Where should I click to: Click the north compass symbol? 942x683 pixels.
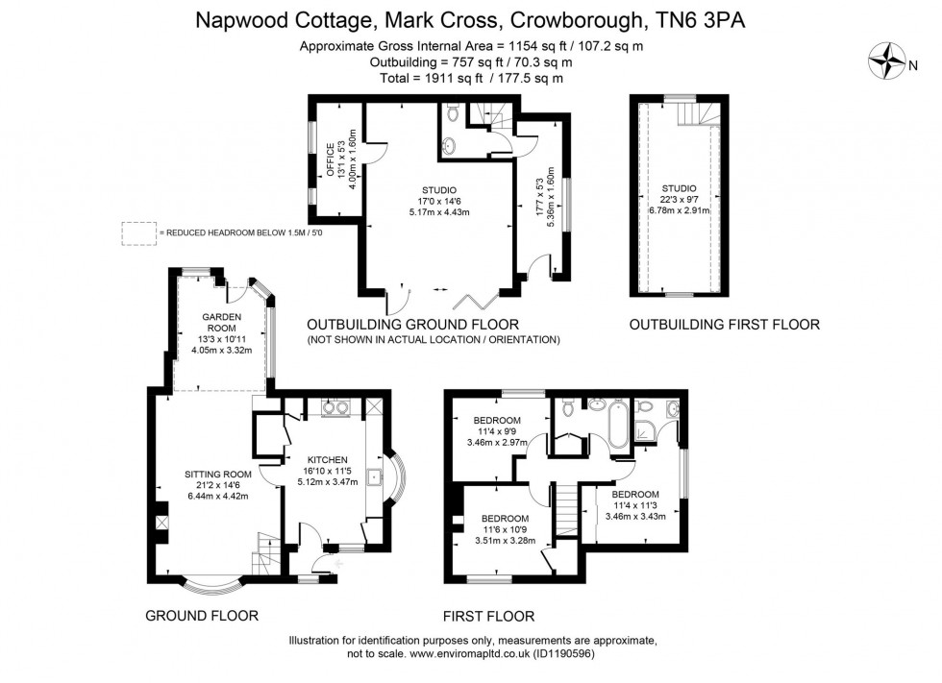885,63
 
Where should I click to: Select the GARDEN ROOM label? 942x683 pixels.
221,322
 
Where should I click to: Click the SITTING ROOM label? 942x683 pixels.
218,474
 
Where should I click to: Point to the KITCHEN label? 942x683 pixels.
329,459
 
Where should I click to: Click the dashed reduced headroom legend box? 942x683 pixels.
137,233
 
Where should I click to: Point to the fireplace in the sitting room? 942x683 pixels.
160,524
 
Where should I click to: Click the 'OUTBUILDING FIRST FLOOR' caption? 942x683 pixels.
724,325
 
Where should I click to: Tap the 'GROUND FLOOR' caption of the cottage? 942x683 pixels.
201,615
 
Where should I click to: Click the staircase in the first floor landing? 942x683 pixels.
569,509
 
